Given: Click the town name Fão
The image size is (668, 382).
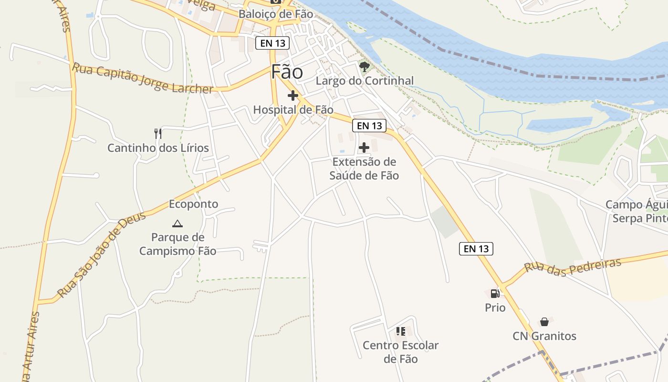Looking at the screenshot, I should point(287,72).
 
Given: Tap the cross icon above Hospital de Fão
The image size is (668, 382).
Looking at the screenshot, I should point(293,95).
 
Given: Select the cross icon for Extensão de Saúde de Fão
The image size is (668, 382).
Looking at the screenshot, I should point(364,148).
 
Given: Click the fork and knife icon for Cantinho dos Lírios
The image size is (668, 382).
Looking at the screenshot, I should point(158,133).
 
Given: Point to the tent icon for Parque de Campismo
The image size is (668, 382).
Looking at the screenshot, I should point(177,223).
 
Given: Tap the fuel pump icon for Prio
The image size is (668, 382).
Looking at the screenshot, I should point(495,293).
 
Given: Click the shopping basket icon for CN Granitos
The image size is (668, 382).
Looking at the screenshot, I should point(544,322).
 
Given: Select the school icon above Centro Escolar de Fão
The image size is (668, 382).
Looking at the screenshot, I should point(400,331).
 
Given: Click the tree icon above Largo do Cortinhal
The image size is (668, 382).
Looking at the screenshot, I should point(365,66).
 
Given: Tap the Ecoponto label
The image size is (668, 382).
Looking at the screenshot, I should point(193,204).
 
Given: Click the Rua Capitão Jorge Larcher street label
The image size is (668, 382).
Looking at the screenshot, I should point(142,79).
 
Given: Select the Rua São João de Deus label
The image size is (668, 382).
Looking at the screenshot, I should point(101,256).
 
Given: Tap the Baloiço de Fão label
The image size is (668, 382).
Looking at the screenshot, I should point(276,14).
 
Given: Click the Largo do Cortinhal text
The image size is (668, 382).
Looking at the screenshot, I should point(365,81).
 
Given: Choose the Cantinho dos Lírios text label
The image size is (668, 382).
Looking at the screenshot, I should point(158,148).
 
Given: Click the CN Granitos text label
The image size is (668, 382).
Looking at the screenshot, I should point(544,336).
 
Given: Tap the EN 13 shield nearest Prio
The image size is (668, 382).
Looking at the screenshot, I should point(476,248).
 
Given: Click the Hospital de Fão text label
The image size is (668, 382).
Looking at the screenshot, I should point(293,110).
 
